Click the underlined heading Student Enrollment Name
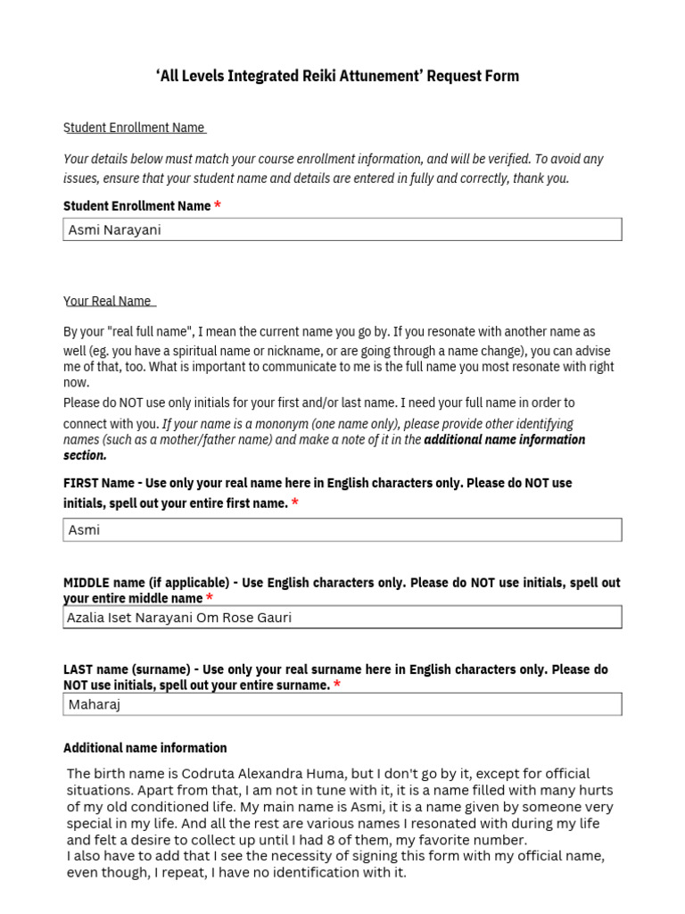click(x=134, y=128)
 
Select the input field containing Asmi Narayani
click(x=342, y=229)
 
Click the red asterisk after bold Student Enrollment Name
click(x=218, y=206)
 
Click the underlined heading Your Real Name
click(x=107, y=301)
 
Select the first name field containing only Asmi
click(x=342, y=529)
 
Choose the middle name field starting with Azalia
click(x=342, y=617)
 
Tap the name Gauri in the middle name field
click(x=273, y=617)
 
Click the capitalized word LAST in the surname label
click(x=78, y=669)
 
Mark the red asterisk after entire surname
click(x=337, y=685)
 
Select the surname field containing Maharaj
click(x=342, y=704)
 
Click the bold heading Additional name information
click(x=145, y=748)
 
